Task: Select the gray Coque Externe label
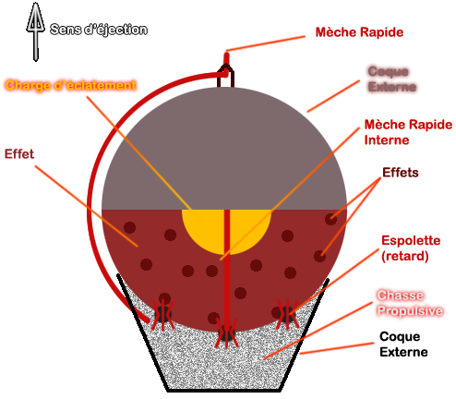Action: pyautogui.click(x=392, y=79)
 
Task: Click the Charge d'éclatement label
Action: pyautogui.click(x=71, y=85)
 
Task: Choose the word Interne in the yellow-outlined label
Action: pyautogui.click(x=387, y=139)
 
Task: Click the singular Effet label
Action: pyautogui.click(x=19, y=154)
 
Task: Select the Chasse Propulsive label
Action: pyautogui.click(x=410, y=304)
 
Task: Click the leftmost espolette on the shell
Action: pyautogui.click(x=163, y=314)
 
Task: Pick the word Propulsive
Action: pyautogui.click(x=410, y=311)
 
